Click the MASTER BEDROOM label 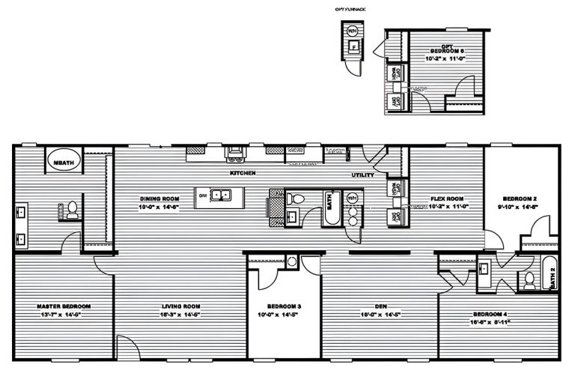click(64, 307)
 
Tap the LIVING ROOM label click(181, 307)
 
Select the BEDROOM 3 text click(285, 307)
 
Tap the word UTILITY click(363, 175)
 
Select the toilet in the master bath click(73, 210)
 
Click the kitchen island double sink click(220, 197)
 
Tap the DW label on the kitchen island click(202, 196)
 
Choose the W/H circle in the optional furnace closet click(352, 32)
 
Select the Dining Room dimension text click(159, 207)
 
